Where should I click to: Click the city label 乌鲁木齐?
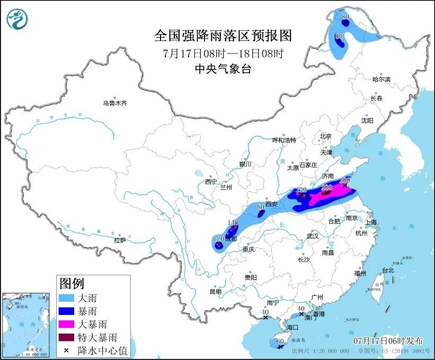(x=115, y=103)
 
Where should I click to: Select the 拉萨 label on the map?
(x=120, y=240)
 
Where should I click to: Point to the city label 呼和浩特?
(x=284, y=140)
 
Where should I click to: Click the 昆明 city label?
(x=215, y=292)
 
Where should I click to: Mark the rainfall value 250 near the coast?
(x=345, y=180)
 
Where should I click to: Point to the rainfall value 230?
(x=326, y=188)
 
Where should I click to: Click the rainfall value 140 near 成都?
(x=233, y=223)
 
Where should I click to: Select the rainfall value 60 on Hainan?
(x=280, y=342)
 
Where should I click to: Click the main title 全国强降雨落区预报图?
(x=223, y=36)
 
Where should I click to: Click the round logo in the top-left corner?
(x=17, y=20)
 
